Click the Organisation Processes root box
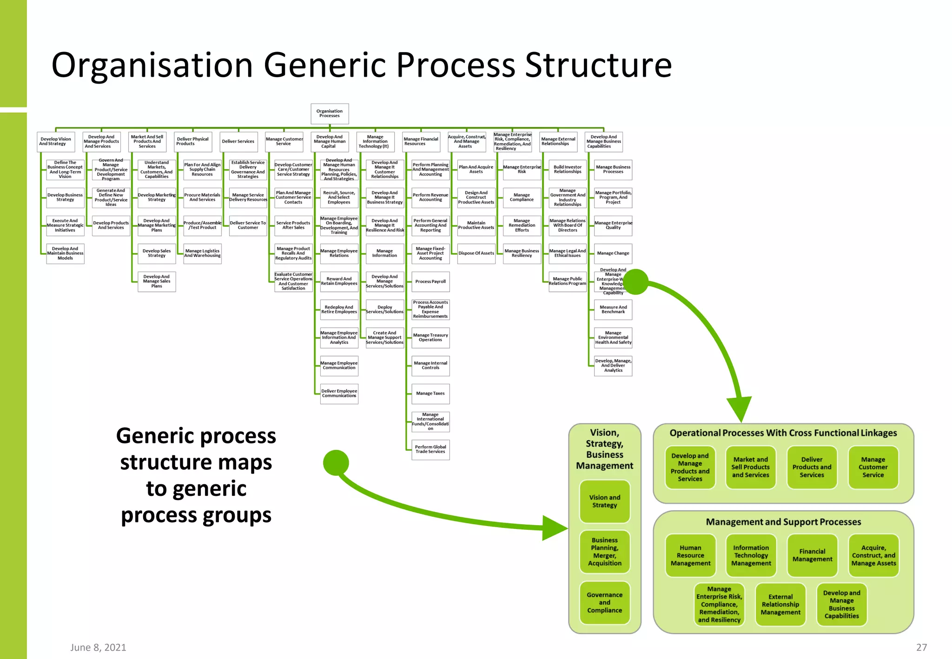click(x=330, y=113)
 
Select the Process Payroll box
click(x=430, y=282)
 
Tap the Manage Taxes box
click(x=430, y=394)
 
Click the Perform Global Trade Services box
click(x=430, y=449)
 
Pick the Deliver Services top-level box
click(x=238, y=142)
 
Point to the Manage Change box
click(x=613, y=253)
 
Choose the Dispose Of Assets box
click(x=476, y=253)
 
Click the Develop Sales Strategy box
click(x=157, y=253)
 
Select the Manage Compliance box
click(x=522, y=198)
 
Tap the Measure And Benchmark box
click(x=613, y=310)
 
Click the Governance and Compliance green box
click(x=604, y=602)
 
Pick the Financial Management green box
click(x=812, y=555)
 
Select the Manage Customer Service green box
click(x=873, y=468)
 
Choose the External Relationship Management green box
click(x=780, y=605)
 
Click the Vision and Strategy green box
click(x=604, y=501)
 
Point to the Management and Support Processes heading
click(x=783, y=522)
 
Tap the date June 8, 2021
click(x=98, y=647)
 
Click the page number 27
click(x=921, y=647)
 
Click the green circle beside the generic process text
click(x=336, y=463)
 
